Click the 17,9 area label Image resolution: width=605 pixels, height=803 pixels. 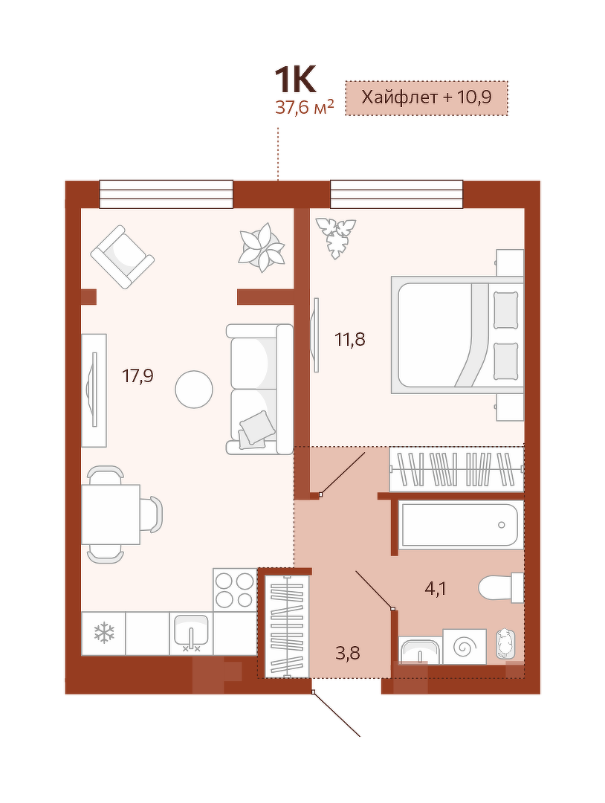(x=137, y=376)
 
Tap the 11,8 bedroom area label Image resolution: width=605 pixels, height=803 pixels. (x=350, y=339)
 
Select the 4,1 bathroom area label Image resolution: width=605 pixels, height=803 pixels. (x=436, y=589)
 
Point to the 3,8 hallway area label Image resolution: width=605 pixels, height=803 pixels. (x=349, y=653)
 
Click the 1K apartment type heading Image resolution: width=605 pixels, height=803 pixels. (x=294, y=80)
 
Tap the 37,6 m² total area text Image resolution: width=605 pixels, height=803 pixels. (x=305, y=108)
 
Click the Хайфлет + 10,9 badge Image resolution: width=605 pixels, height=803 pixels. (x=427, y=97)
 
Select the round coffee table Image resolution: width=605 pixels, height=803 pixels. (x=194, y=389)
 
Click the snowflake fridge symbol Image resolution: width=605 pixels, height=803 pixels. (x=104, y=633)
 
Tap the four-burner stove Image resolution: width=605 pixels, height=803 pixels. (x=235, y=590)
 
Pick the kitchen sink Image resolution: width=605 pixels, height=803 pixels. (x=191, y=633)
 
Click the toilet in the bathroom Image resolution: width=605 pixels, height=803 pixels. (x=501, y=588)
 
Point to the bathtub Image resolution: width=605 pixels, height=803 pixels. (x=461, y=526)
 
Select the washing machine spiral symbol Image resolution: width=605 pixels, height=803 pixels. (x=465, y=647)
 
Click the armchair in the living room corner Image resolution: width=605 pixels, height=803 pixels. (x=123, y=257)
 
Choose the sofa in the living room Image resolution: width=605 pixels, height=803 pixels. (x=259, y=389)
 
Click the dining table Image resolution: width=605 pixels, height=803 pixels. (x=111, y=515)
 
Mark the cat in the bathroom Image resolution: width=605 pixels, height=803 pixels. (x=505, y=643)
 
